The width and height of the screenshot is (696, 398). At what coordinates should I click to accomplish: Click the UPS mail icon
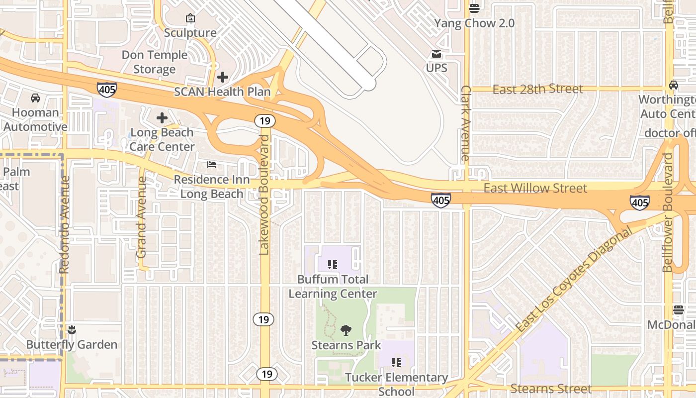point(436,54)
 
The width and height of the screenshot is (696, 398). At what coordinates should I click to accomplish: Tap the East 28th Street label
point(537,90)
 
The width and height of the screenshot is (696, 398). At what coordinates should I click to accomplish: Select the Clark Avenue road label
point(465,123)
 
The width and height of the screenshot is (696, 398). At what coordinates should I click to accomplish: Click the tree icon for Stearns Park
point(346,330)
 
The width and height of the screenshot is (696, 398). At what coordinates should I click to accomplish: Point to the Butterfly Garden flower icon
point(72,329)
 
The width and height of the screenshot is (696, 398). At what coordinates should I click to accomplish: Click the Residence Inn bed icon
point(212,165)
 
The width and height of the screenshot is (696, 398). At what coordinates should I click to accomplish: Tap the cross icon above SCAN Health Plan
point(223,77)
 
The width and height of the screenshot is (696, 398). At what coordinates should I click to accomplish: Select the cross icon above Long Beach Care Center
point(162,118)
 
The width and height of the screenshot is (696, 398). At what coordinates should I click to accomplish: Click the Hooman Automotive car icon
point(35,98)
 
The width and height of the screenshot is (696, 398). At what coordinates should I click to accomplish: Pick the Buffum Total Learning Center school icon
point(333,265)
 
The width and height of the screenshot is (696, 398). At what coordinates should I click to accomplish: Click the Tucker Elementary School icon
point(396,363)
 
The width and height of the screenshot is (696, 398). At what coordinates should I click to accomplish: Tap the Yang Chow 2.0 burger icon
point(474,8)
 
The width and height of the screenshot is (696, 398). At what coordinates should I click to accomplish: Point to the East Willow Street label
point(535,188)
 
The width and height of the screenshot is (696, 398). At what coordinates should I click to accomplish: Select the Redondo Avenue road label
point(64,224)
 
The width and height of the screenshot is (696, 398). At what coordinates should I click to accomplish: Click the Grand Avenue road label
point(141,217)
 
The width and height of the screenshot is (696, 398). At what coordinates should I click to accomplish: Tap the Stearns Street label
point(551,389)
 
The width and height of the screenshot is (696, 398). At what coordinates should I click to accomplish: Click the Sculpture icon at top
point(190,18)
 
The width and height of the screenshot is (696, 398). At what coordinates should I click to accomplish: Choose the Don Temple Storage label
point(154,62)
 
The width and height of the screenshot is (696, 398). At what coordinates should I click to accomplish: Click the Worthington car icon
point(673,85)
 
